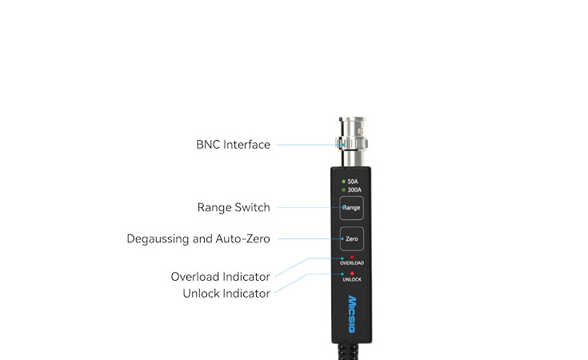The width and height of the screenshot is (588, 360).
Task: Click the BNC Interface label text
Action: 233,145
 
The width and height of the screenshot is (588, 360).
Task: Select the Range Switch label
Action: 234,207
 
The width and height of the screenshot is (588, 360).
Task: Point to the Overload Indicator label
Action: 220,277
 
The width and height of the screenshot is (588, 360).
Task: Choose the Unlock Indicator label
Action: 226,293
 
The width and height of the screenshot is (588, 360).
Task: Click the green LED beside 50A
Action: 343,182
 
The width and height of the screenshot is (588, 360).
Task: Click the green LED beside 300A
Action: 343,190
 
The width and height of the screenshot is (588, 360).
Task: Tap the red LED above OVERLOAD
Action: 352,257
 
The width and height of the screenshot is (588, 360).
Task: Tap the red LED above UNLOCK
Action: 352,274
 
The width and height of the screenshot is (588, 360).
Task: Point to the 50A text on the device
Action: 353,182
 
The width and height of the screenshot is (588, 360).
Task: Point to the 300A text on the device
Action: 354,190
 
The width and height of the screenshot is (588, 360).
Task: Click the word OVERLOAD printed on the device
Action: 352,263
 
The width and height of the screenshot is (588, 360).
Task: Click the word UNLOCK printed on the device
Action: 352,279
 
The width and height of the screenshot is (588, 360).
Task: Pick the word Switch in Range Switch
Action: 252,207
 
